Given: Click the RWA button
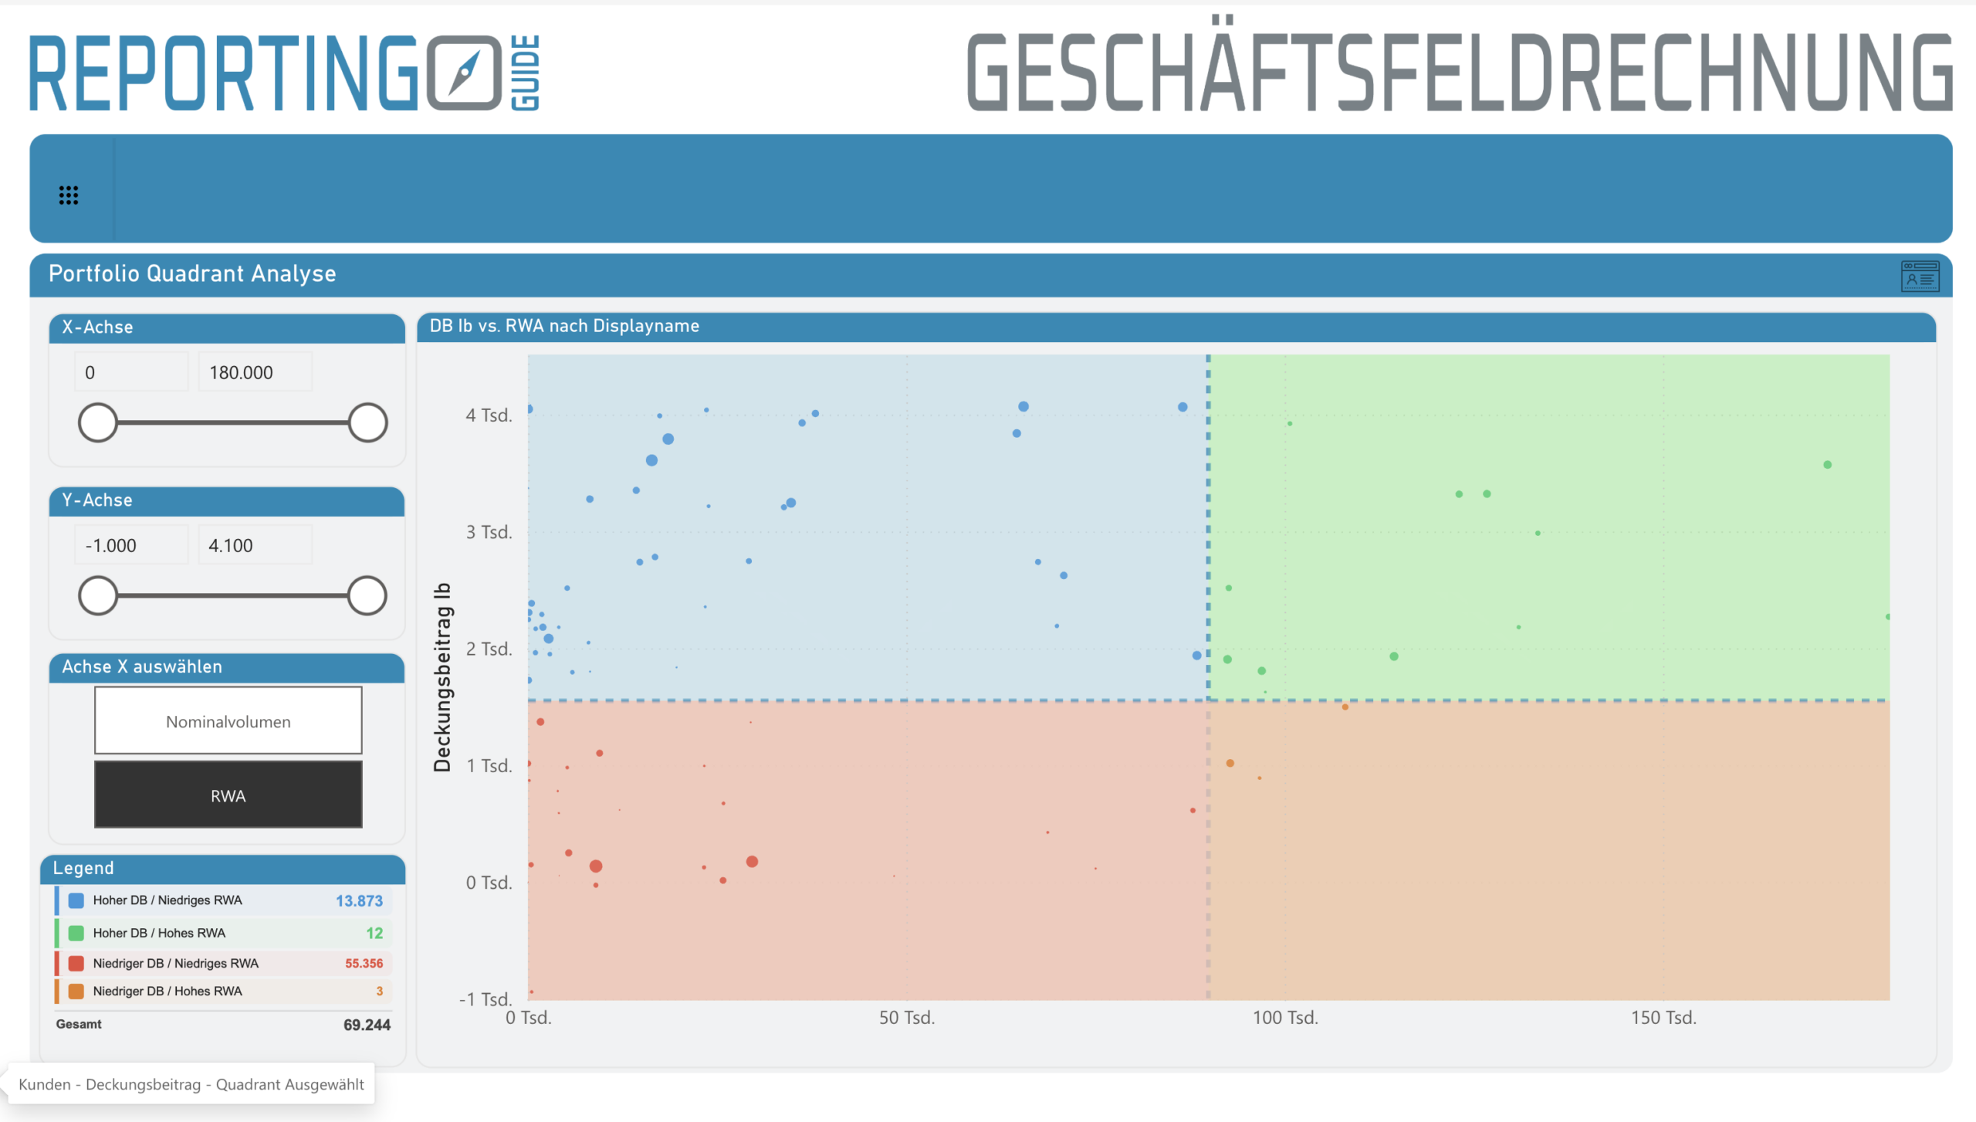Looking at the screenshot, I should pyautogui.click(x=228, y=795).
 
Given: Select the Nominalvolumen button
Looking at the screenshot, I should pyautogui.click(x=228, y=720).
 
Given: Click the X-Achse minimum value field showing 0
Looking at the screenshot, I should pyautogui.click(x=130, y=372).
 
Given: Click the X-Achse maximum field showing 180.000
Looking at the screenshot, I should pyautogui.click(x=255, y=372).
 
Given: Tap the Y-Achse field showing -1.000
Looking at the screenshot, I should pyautogui.click(x=130, y=545).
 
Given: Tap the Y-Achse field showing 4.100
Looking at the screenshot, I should pyautogui.click(x=255, y=545).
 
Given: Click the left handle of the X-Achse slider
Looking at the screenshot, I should pyautogui.click(x=98, y=422).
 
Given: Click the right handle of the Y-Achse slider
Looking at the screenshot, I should pyautogui.click(x=367, y=595).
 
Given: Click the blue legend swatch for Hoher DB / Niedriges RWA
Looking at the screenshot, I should pyautogui.click(x=76, y=900).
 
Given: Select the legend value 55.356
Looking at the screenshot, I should pyautogui.click(x=364, y=963).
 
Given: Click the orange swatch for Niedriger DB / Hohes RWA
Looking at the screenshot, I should pyautogui.click(x=76, y=991).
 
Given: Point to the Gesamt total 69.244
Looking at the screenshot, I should pyautogui.click(x=367, y=1025).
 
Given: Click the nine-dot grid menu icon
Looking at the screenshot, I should pyautogui.click(x=69, y=195).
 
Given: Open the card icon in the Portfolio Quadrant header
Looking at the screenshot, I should pyautogui.click(x=1920, y=276).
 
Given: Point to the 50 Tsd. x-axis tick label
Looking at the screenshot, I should pyautogui.click(x=906, y=1018).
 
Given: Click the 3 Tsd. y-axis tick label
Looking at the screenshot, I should pyautogui.click(x=489, y=532).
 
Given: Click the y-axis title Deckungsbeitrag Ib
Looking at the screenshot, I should pyautogui.click(x=442, y=676).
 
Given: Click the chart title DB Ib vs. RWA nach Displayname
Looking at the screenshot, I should pyautogui.click(x=564, y=326).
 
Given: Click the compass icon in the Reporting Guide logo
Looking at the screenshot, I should pyautogui.click(x=464, y=73).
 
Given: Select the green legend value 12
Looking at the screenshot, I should pyautogui.click(x=374, y=933).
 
